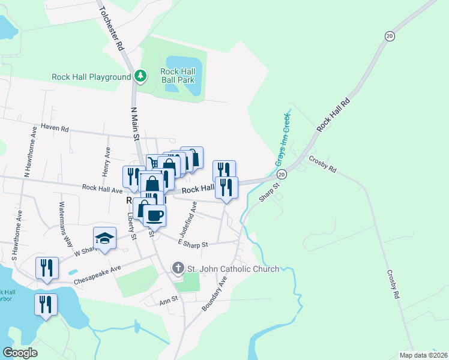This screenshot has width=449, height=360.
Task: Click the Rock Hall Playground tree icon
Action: pos(140,76)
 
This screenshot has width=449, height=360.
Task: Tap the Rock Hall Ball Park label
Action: pos(178,76)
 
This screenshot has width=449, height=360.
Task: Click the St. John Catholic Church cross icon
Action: pos(178,268)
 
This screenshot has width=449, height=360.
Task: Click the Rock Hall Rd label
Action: pos(333,112)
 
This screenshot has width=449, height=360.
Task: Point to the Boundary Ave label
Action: pos(215,292)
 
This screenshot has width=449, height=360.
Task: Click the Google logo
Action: pos(20,353)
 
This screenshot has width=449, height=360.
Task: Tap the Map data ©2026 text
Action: pos(423,355)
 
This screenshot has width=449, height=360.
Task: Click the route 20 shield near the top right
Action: pos(390,37)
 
